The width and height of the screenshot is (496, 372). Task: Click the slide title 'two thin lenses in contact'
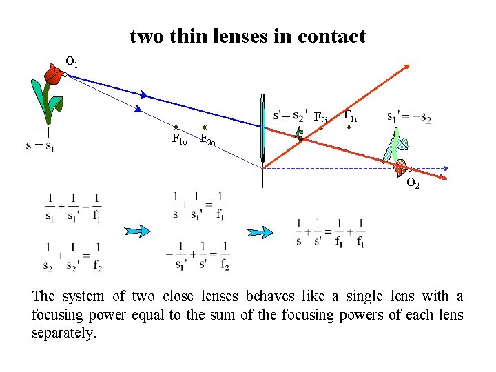click(x=247, y=37)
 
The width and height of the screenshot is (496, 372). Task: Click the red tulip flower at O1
click(x=54, y=73)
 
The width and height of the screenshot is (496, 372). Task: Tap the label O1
click(x=72, y=63)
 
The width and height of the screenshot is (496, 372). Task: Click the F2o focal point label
click(x=208, y=141)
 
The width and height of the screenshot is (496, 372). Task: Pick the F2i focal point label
click(x=320, y=118)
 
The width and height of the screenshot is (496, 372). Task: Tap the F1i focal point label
click(x=350, y=116)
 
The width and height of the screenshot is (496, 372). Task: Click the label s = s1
click(x=39, y=146)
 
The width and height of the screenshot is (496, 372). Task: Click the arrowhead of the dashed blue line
click(x=446, y=168)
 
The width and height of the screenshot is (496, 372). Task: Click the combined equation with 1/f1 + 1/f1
click(x=329, y=233)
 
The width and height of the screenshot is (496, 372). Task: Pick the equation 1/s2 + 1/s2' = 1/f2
click(x=72, y=256)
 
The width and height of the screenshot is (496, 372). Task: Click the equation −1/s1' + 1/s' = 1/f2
click(x=198, y=256)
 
